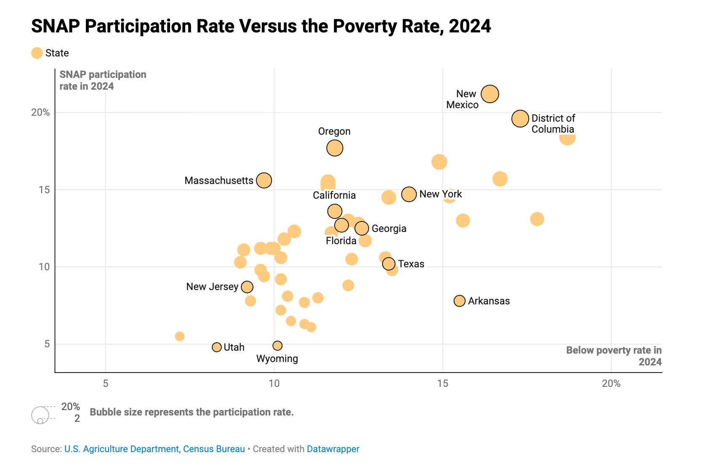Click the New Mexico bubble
point(490,94)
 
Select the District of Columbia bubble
point(520,119)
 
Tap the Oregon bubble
point(335,148)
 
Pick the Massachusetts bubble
point(264,181)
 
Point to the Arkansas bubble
point(460,301)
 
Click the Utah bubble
point(217,347)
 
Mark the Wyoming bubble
point(277,346)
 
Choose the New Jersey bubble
point(247,287)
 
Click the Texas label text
point(411,264)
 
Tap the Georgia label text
point(389,229)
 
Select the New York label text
point(441,194)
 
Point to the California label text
point(334,195)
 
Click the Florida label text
point(341,241)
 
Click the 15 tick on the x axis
point(442,383)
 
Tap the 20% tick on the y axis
point(40,112)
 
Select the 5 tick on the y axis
point(47,344)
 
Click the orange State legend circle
point(37,53)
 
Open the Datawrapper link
point(333,449)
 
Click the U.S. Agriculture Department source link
point(122,449)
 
